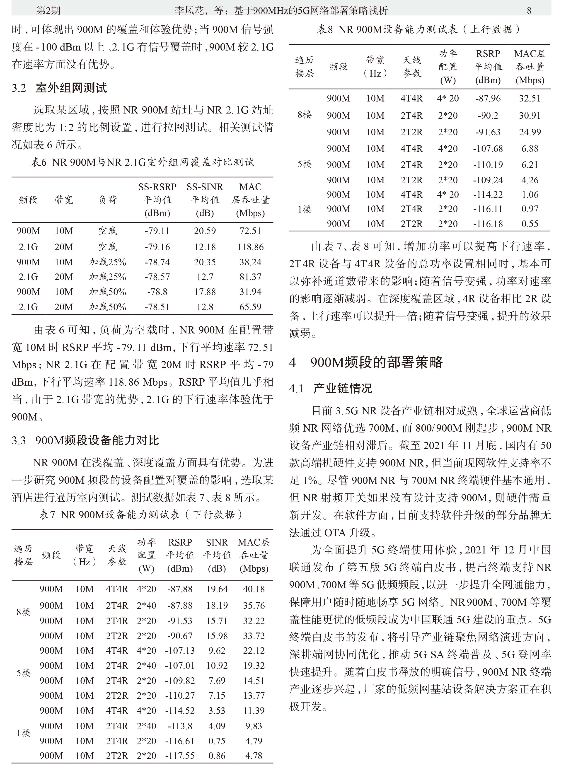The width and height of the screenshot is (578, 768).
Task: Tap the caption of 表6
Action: pos(142,162)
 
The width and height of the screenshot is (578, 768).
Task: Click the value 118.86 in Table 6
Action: pos(250,247)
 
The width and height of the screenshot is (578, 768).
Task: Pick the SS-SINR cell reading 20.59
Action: pos(205,231)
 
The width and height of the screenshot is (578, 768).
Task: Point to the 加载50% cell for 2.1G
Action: pos(108,307)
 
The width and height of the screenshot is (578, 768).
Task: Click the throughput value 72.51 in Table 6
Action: pos(250,231)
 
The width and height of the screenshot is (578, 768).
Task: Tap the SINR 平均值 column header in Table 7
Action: pos(217,555)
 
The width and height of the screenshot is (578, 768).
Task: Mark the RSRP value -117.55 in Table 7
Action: pos(180,756)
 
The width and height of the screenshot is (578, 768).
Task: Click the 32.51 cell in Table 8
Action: pos(530,98)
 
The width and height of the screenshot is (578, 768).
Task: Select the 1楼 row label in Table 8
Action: pos(305,209)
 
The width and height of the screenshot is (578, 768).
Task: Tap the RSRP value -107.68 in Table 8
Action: pos(488,149)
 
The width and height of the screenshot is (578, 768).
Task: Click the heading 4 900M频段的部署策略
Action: pos(366,362)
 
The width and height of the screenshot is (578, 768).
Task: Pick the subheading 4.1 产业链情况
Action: pos(331,388)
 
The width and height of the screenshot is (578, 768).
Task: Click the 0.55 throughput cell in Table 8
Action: pos(530,224)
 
